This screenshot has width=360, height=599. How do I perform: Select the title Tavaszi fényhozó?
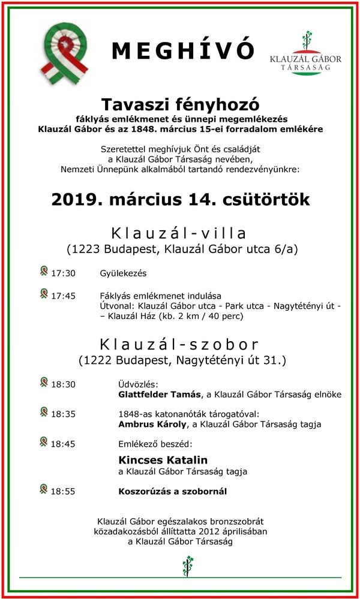(x=180, y=103)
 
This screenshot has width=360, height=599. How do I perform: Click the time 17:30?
(x=63, y=273)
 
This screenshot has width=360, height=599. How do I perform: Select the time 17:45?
(x=63, y=296)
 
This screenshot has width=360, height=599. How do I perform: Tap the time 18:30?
(x=63, y=384)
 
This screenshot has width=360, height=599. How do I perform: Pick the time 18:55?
(x=63, y=492)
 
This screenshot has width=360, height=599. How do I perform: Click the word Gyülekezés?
(x=124, y=273)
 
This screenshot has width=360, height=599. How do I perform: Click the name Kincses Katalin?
(x=163, y=460)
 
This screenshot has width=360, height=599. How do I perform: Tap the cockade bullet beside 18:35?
(x=43, y=412)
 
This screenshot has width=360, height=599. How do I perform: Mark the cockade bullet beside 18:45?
(x=43, y=442)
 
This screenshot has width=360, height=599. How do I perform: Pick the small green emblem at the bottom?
(x=188, y=564)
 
